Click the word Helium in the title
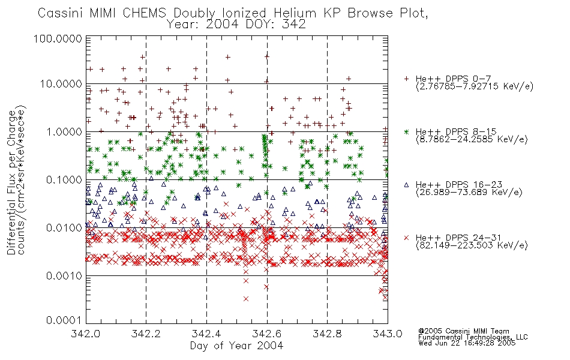[x=295, y=13]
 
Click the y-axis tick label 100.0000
[x=58, y=38]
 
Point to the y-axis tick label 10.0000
[x=61, y=84]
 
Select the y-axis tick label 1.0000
[x=64, y=131]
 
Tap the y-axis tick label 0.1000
[x=64, y=179]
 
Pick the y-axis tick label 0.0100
[x=64, y=228]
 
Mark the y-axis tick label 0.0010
[x=64, y=276]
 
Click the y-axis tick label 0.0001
[x=64, y=320]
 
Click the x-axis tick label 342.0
[x=85, y=334]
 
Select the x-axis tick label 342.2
[x=146, y=334]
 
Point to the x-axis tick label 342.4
[x=206, y=334]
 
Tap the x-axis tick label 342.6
[x=267, y=334]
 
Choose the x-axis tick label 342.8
[x=327, y=334]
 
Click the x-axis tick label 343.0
[x=388, y=334]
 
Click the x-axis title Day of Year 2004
[x=236, y=346]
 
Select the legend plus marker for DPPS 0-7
[x=406, y=79]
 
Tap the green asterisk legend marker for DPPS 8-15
[x=406, y=131]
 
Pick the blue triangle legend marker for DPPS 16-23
[x=406, y=185]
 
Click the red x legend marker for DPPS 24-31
[x=406, y=238]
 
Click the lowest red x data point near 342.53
[x=246, y=299]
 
